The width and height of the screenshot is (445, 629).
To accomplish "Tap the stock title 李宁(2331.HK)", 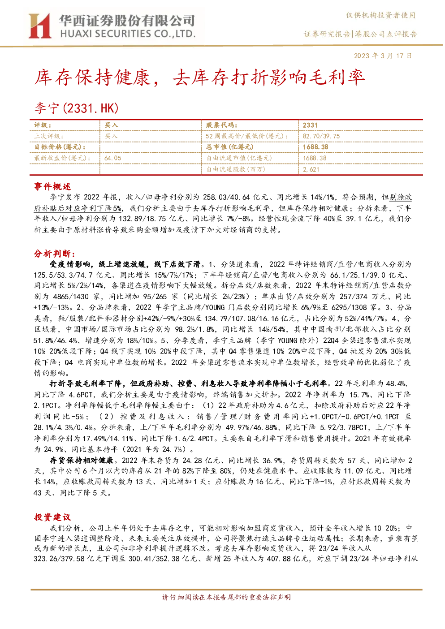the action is click(77, 108).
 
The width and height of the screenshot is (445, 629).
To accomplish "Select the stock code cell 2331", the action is click(310, 125).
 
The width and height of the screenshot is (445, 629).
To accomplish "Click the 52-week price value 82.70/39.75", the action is click(321, 136).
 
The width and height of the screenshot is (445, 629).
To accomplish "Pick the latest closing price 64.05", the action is click(112, 158).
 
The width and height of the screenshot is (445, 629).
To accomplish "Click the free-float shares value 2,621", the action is click(311, 169).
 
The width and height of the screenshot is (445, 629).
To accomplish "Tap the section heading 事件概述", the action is click(52, 186).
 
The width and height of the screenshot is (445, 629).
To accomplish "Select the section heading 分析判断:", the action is click(55, 254).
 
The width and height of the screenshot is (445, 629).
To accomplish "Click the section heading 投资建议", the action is click(52, 517).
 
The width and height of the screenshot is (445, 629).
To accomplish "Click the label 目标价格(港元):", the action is click(60, 147).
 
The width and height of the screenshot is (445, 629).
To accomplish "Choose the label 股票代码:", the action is click(221, 125).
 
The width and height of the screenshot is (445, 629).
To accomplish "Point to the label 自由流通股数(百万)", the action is click(236, 169).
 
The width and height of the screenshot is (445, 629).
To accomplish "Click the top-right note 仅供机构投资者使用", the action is click(380, 15).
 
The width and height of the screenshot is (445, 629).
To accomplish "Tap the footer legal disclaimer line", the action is click(226, 597).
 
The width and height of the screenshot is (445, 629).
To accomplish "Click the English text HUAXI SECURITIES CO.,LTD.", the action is click(128, 34).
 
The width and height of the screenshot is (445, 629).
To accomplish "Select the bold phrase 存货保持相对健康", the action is click(82, 460).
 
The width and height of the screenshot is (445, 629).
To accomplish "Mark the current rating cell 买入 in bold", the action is click(111, 125).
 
